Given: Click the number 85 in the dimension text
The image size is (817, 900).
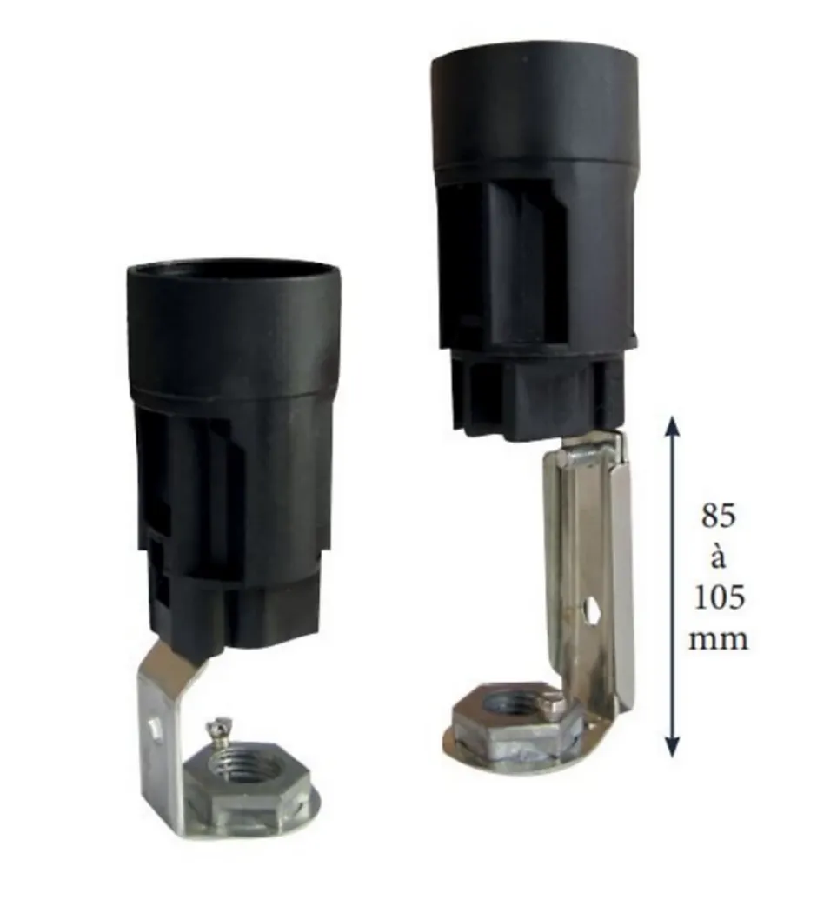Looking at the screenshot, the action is (718, 517).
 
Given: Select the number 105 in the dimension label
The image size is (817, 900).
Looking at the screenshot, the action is (719, 598).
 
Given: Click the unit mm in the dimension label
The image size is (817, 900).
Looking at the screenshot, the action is (718, 639).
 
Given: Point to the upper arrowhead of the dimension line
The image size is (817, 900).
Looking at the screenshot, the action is (674, 426).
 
